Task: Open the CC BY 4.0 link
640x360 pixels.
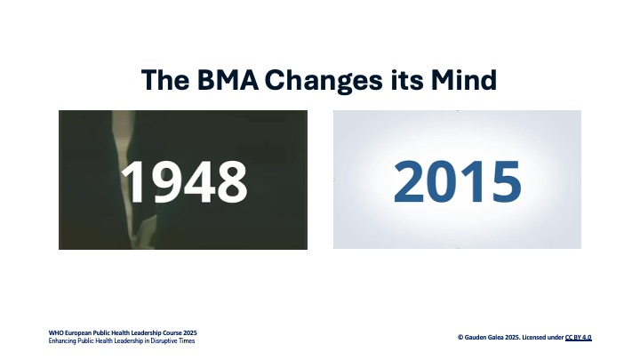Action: point(579,338)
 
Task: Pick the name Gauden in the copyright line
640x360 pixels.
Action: point(475,338)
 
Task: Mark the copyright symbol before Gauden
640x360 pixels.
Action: point(460,338)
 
